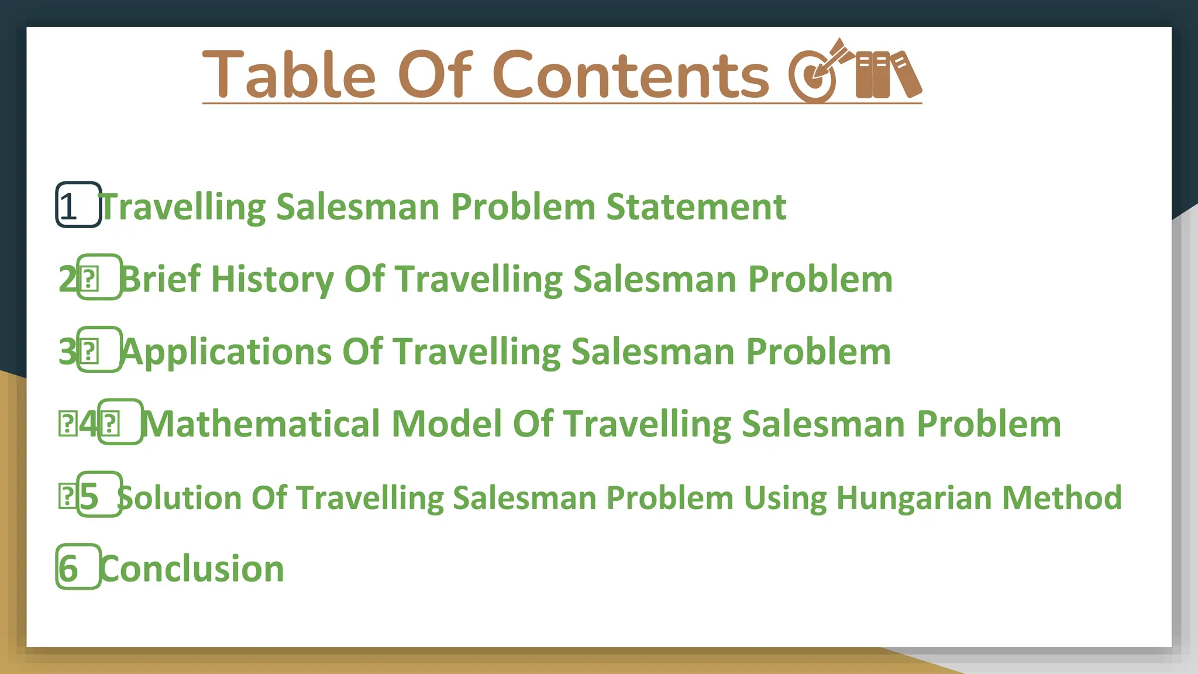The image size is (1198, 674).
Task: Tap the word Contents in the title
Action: point(631,75)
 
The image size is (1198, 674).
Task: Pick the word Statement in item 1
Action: point(696,207)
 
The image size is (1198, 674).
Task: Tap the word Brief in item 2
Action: point(161,279)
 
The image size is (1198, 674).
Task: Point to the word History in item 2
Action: point(272,279)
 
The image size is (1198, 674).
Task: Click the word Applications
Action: point(227,352)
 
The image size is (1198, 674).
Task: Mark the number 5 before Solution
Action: point(89,497)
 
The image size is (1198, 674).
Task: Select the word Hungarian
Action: point(913,497)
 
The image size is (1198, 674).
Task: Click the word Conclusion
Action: point(192,569)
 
